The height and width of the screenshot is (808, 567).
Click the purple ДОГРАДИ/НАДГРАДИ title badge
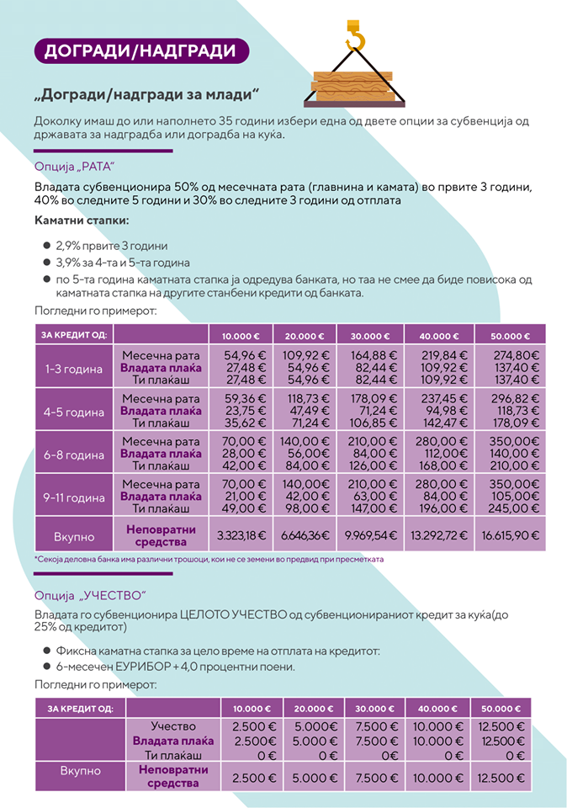point(140,50)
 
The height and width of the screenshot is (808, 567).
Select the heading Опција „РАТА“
point(74,166)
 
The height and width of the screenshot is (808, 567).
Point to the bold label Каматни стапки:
point(82,221)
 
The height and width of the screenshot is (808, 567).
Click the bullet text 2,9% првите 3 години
point(112,246)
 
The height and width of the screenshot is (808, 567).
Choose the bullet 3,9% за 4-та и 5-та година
point(123,263)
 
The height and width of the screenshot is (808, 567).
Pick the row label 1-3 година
point(74,369)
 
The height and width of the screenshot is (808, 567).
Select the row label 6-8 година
point(74,454)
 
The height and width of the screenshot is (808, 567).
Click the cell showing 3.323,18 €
point(241,535)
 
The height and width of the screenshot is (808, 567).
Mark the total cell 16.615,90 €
point(511,535)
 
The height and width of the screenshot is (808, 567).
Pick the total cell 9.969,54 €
point(370,535)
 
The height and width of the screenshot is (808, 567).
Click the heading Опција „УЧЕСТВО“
point(85,598)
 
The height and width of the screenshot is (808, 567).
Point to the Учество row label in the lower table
point(173,726)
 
